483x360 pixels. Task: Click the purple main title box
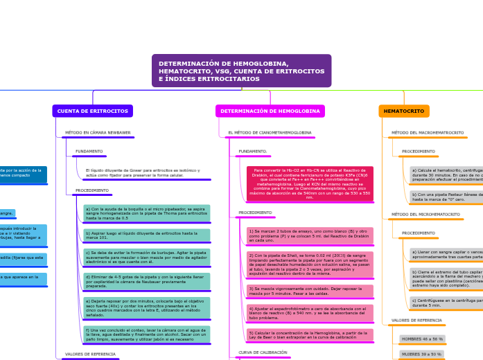(x=241, y=71)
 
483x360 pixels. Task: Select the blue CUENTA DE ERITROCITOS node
(x=92, y=111)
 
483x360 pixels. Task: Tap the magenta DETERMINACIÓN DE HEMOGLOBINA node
(x=270, y=111)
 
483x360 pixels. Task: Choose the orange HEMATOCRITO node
(x=403, y=111)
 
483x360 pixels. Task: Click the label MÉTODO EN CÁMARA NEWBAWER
(x=98, y=132)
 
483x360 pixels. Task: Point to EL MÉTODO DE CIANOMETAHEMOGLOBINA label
(x=270, y=132)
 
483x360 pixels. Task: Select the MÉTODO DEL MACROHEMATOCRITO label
(x=428, y=132)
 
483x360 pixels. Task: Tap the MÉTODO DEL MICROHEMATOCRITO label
(x=425, y=215)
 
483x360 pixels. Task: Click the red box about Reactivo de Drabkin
(x=309, y=183)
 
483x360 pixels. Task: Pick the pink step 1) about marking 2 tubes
(x=309, y=235)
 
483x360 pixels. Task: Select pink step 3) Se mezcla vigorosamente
(x=309, y=291)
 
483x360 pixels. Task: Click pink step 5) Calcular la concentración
(x=309, y=335)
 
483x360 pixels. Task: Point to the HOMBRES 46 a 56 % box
(x=422, y=339)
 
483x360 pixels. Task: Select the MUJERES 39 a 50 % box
(x=421, y=354)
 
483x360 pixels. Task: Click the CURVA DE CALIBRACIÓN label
(x=263, y=352)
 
